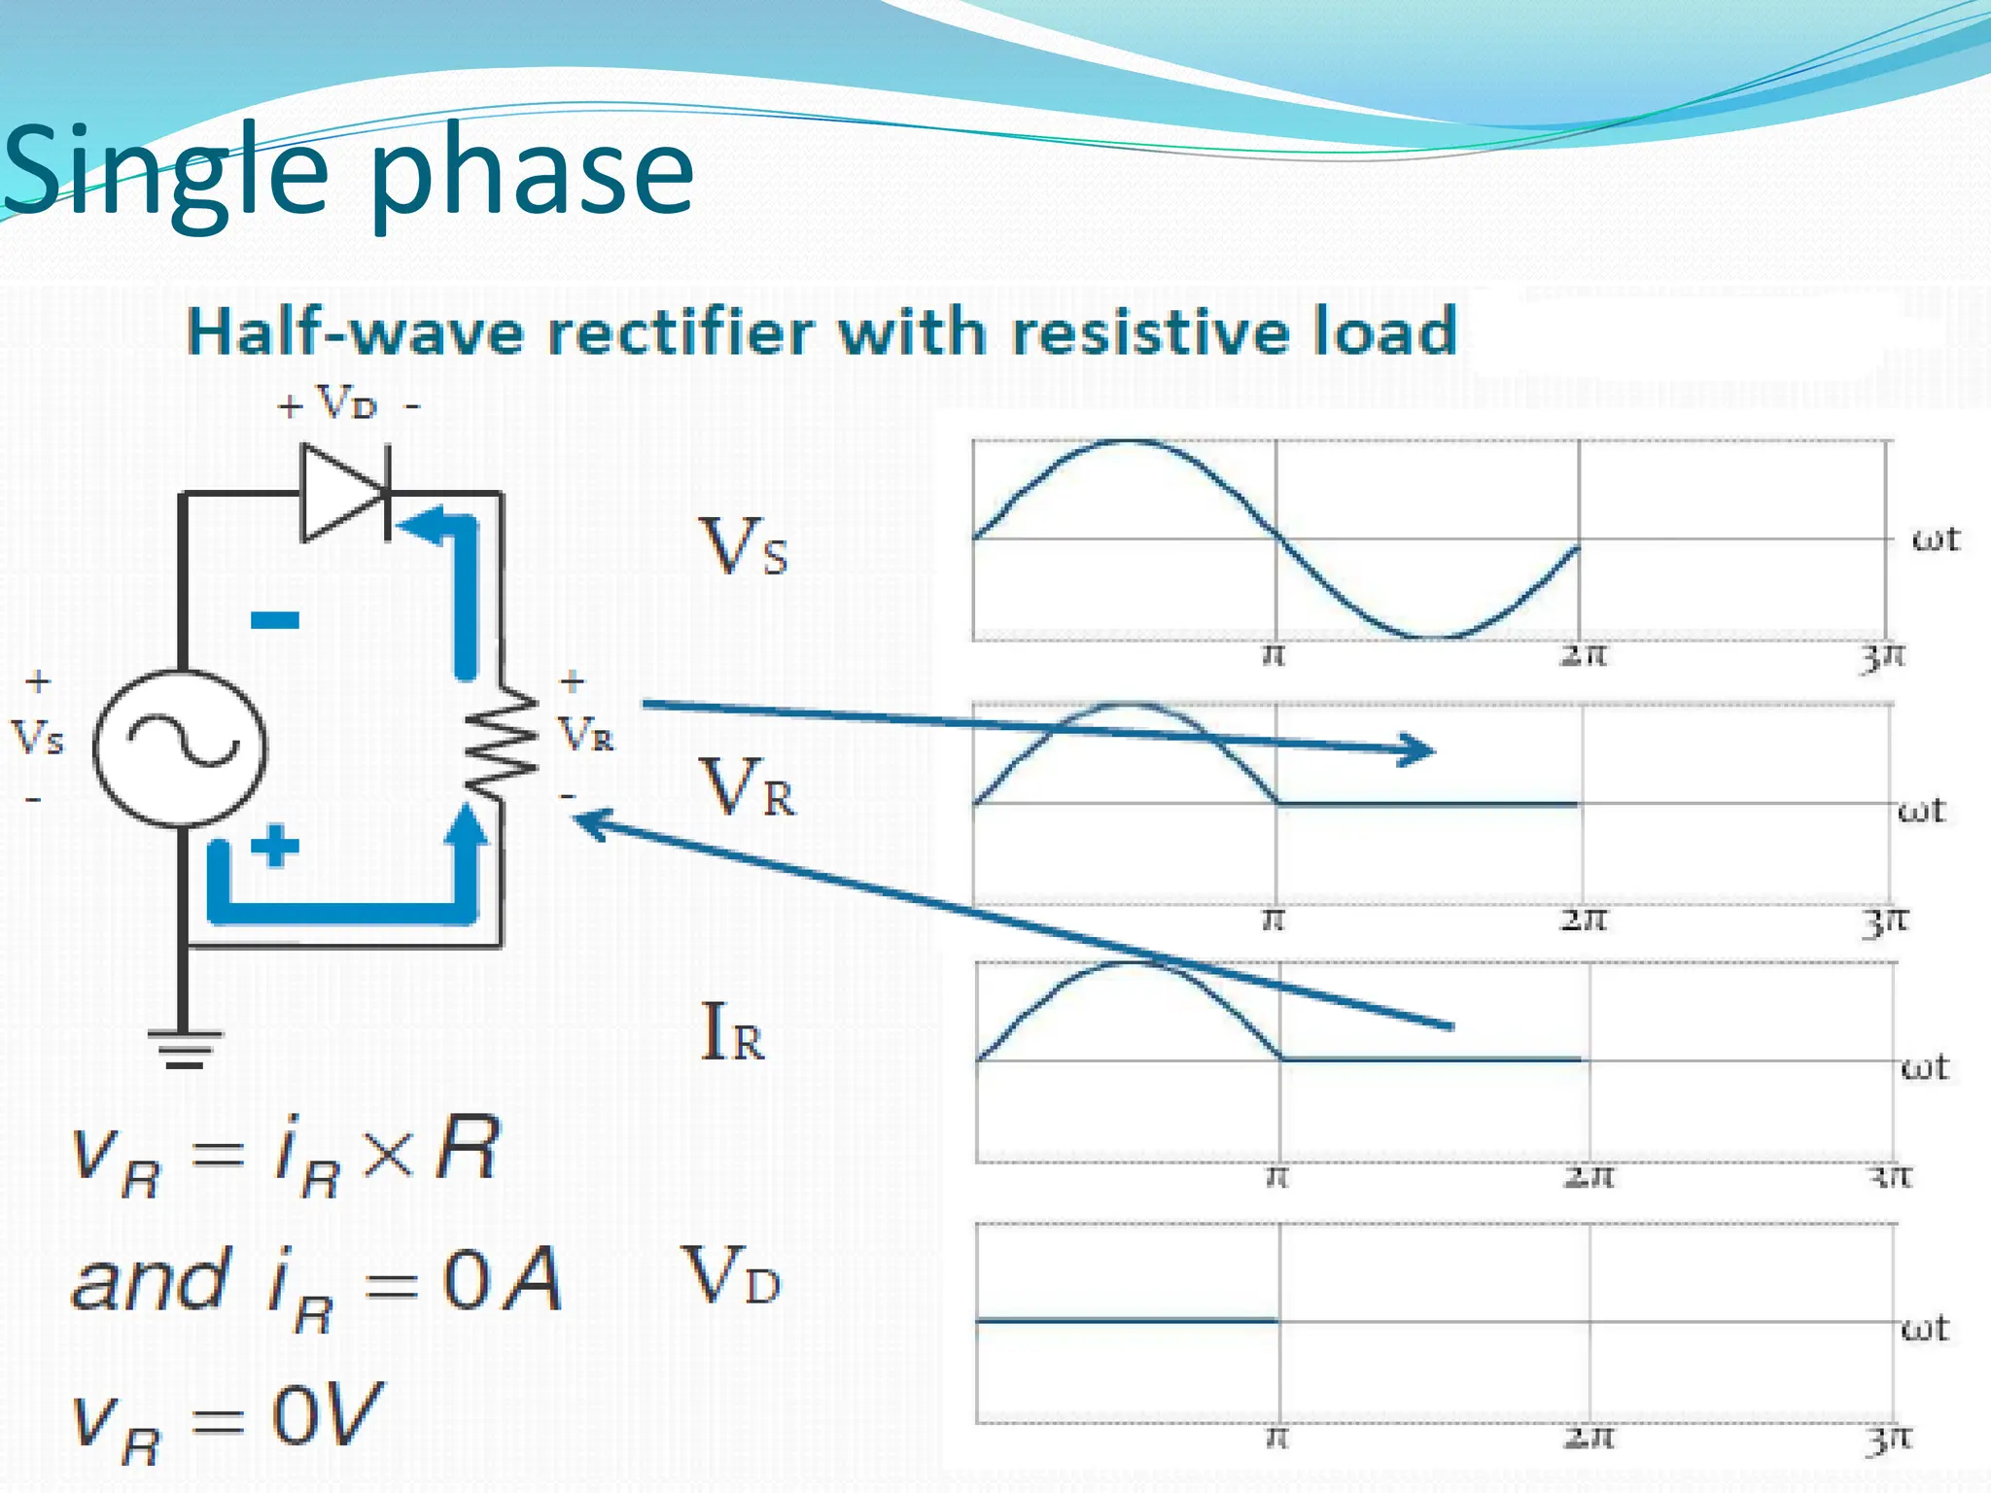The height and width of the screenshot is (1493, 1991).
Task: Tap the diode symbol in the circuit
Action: (x=345, y=493)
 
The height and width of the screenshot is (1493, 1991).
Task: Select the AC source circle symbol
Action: (x=181, y=747)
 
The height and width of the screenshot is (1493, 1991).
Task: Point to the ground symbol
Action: (x=185, y=1048)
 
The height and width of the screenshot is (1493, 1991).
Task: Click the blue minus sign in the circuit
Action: (x=275, y=619)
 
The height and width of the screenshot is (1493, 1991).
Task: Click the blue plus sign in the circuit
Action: (x=275, y=845)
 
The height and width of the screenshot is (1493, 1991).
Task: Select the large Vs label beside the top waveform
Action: (x=744, y=547)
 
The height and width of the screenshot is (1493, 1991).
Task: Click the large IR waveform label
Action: (x=732, y=1032)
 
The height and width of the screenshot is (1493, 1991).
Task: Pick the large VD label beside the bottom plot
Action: (x=731, y=1275)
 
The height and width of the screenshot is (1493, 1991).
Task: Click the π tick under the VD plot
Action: (x=1278, y=1436)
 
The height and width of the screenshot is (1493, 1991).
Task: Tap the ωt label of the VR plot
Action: (x=1921, y=810)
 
